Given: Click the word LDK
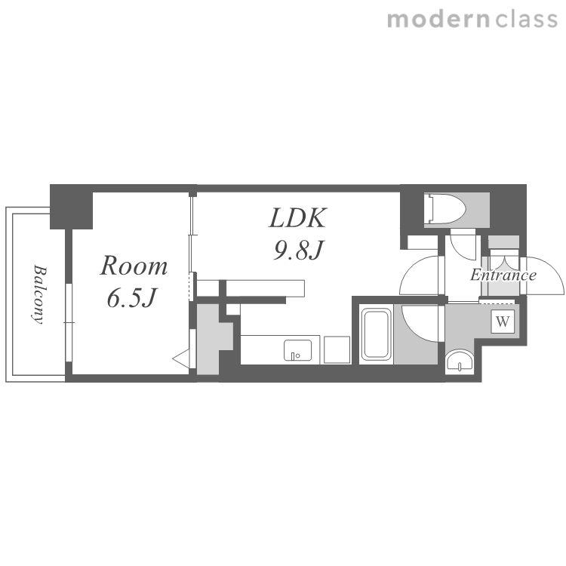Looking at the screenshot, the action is [x=298, y=217].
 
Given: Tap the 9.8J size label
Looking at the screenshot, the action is [x=299, y=250].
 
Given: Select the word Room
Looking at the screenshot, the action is [x=134, y=266].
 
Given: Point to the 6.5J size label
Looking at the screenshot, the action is [x=133, y=298].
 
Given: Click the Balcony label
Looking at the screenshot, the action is [x=39, y=294].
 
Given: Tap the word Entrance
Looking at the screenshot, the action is [x=503, y=275].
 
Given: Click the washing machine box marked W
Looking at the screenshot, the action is [x=503, y=321].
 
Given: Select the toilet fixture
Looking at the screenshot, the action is [x=446, y=209].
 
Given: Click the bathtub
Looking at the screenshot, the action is [x=377, y=334].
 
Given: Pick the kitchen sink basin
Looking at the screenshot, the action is [x=297, y=349].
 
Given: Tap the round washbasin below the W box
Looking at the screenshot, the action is [x=459, y=360].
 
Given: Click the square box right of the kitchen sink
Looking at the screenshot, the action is [x=337, y=349].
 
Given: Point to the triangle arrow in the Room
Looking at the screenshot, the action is [x=181, y=358].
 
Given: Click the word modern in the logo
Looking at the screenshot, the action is [x=438, y=20].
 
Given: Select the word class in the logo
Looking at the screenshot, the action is [x=527, y=20].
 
